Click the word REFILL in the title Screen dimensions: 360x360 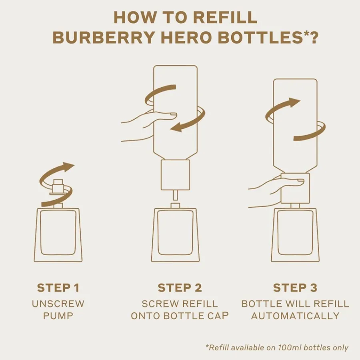[225, 17]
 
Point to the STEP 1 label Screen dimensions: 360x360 [58, 288]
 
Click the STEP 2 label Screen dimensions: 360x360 [180, 288]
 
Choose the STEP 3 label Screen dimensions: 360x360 [295, 288]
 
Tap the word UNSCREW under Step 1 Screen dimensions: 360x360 [58, 304]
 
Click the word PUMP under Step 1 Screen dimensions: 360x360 [58, 316]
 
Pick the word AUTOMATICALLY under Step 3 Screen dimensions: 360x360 [295, 316]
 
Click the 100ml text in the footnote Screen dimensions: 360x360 [290, 347]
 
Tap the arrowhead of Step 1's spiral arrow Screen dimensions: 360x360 [68, 167]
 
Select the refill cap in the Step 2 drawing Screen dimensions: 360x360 [176, 175]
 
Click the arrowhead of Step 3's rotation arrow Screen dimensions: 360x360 [294, 102]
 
